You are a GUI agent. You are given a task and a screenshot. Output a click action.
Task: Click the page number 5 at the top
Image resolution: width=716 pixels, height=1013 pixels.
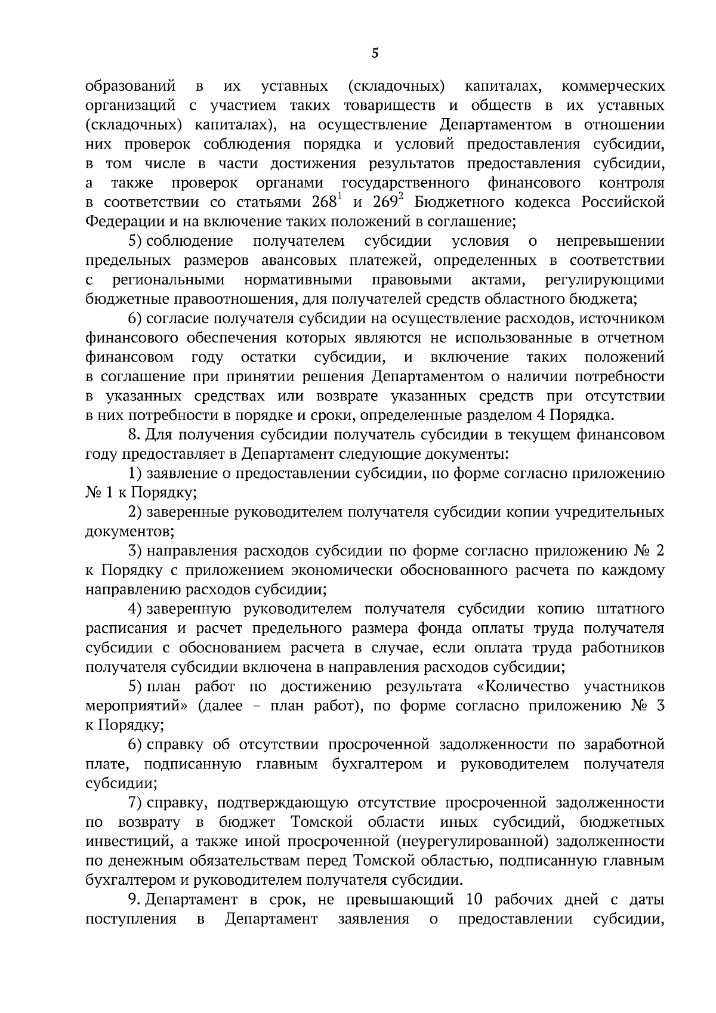coord(375,54)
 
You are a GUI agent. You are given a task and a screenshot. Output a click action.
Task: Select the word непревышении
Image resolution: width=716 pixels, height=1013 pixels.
coord(610,241)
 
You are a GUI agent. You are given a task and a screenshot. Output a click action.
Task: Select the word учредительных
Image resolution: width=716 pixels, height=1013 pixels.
coord(610,512)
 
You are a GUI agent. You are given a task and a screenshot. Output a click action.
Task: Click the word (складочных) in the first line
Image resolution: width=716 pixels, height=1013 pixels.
coord(396,86)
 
